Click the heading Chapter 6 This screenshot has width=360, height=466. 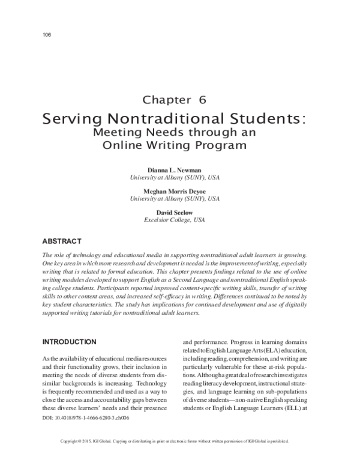click(175, 100)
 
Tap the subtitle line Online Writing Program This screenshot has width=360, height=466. click(175, 145)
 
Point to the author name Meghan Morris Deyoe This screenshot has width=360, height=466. click(175, 191)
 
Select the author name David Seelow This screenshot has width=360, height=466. click(175, 212)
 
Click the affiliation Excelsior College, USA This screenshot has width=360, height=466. click(175, 220)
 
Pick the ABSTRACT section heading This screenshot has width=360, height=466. click(61, 241)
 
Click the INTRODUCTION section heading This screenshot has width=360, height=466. click(70, 342)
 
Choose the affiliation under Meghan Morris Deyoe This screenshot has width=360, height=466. click(175, 199)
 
